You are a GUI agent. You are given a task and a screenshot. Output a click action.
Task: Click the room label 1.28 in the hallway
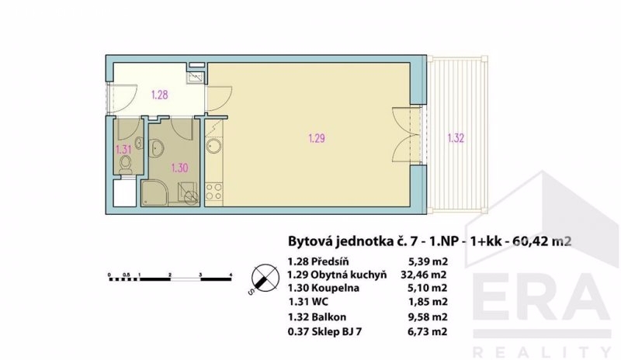(x=160, y=95)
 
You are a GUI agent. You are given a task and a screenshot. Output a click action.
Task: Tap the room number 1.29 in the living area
(x=317, y=138)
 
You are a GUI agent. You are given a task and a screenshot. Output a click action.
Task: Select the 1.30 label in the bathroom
(x=179, y=168)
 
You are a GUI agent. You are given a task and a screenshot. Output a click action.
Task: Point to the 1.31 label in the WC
(x=123, y=150)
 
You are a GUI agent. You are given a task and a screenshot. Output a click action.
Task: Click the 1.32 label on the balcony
(x=456, y=138)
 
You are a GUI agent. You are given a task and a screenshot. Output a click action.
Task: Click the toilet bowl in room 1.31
(x=126, y=164)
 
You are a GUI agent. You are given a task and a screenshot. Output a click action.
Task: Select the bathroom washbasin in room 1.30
(x=157, y=147)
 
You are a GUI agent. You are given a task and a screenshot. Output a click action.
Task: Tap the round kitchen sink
(x=214, y=146)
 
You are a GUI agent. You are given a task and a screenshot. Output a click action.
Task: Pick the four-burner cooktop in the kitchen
(x=214, y=192)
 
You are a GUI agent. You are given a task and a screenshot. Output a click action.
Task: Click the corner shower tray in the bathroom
(x=154, y=194)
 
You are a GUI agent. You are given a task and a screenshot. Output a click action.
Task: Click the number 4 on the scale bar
(x=231, y=274)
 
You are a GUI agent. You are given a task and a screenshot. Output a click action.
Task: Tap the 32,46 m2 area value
(x=423, y=275)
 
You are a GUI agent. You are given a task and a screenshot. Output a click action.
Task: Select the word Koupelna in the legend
(x=335, y=288)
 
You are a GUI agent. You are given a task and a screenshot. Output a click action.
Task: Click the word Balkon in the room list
(x=328, y=317)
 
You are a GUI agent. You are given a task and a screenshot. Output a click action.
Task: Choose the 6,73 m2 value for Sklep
(x=428, y=331)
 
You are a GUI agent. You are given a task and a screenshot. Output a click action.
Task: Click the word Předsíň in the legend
(x=330, y=261)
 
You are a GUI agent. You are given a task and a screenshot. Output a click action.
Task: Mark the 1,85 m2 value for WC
(x=428, y=302)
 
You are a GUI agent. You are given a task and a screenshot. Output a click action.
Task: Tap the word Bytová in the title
(x=310, y=241)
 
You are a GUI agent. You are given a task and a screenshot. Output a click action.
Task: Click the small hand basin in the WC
(x=139, y=143)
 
